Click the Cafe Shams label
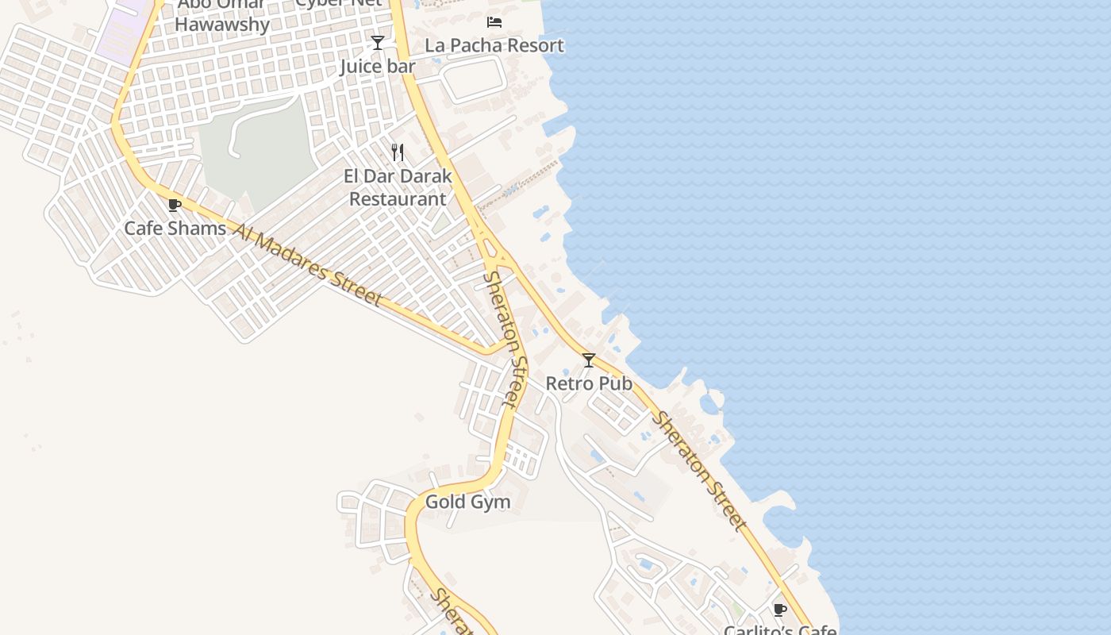click(x=175, y=229)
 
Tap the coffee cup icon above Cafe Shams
click(x=175, y=206)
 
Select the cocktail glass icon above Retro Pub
click(x=589, y=360)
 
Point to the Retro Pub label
click(x=589, y=384)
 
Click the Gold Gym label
click(x=467, y=502)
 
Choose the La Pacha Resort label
click(x=494, y=46)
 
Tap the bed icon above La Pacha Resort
click(x=494, y=22)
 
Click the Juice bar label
click(x=378, y=67)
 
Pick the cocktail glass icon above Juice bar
click(x=378, y=43)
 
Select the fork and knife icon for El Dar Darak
click(x=398, y=152)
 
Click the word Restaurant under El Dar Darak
click(x=398, y=199)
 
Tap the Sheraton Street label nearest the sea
click(x=699, y=471)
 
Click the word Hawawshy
click(x=222, y=25)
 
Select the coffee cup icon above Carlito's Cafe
click(x=780, y=610)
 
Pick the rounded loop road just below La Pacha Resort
click(x=474, y=79)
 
